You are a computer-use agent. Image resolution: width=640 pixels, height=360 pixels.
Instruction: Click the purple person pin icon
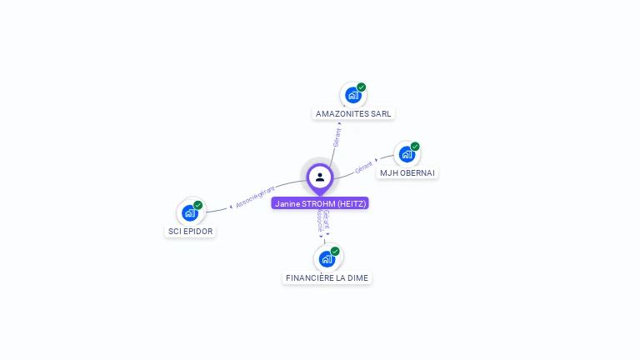coord(320,177)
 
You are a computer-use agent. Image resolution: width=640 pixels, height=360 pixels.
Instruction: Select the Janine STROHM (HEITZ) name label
coord(320,203)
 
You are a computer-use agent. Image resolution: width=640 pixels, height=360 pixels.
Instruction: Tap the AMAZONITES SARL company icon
coord(352,95)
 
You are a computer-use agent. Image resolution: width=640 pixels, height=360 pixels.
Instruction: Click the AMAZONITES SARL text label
coord(353,113)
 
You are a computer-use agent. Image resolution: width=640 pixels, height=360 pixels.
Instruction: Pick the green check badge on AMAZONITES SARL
coord(362,87)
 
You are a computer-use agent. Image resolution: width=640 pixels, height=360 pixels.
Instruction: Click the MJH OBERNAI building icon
coord(406,154)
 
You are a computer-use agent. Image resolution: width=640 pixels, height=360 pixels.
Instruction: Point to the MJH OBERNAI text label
coord(407,172)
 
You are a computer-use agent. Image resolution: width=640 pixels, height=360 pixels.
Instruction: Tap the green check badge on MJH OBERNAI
coord(415,146)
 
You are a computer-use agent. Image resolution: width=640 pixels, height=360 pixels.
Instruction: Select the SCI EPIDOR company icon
coord(189,212)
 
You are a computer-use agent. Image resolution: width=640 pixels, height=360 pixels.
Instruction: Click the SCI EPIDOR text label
coord(190,231)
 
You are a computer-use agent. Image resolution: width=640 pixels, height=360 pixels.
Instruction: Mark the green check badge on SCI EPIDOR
coord(198,205)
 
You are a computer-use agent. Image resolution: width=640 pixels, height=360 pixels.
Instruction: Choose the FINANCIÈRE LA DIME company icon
coord(326,258)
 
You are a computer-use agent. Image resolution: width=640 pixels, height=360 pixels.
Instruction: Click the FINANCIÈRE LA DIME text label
coord(327,277)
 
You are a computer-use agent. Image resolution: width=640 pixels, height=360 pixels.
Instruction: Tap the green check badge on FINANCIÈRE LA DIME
coord(335,251)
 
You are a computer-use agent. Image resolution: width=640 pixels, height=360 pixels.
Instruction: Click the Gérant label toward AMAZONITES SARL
coord(337,137)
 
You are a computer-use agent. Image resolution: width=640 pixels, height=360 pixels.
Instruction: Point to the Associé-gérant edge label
coord(254,197)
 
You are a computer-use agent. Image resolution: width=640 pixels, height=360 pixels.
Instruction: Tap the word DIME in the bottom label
coord(356,277)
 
